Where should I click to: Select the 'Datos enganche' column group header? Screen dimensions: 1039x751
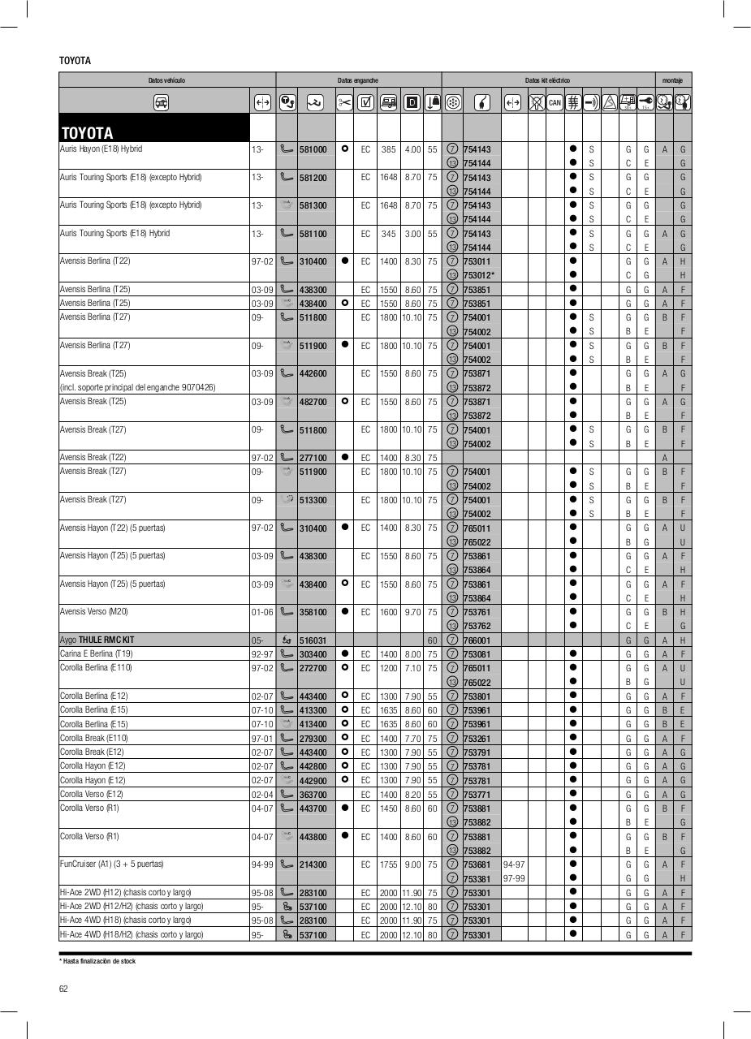pyautogui.click(x=358, y=80)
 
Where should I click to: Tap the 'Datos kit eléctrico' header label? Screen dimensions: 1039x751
pyautogui.click(x=547, y=80)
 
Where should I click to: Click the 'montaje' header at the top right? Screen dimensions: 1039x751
pyautogui.click(x=672, y=80)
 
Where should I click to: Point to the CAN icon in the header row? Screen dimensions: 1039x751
pyautogui.click(x=555, y=102)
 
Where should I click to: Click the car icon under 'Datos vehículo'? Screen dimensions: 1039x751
pyautogui.click(x=162, y=102)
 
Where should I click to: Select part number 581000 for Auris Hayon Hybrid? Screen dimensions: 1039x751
pyautogui.click(x=313, y=150)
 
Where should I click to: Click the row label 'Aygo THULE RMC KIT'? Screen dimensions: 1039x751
pyautogui.click(x=97, y=640)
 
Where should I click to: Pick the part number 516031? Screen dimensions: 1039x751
pyautogui.click(x=313, y=640)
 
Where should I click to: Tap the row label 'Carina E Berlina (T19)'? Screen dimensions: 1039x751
pyautogui.click(x=97, y=654)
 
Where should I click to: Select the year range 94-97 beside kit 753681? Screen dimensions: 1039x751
pyautogui.click(x=513, y=864)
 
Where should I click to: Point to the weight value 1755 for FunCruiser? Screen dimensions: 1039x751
pyautogui.click(x=388, y=864)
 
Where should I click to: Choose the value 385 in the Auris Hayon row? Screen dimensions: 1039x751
pyautogui.click(x=388, y=150)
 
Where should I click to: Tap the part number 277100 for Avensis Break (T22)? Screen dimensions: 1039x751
pyautogui.click(x=313, y=458)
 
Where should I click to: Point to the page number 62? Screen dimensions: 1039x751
pyautogui.click(x=63, y=988)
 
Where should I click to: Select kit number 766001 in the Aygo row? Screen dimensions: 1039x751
pyautogui.click(x=477, y=640)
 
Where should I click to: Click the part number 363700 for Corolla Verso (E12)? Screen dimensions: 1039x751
pyautogui.click(x=313, y=795)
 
